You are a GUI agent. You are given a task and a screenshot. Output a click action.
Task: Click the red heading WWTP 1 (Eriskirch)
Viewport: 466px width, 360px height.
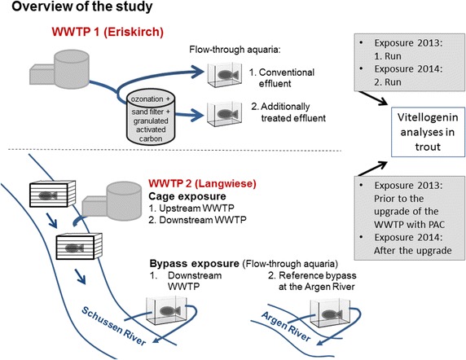[x=108, y=32]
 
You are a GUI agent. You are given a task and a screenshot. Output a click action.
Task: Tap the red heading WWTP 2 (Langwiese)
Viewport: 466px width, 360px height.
[x=202, y=183]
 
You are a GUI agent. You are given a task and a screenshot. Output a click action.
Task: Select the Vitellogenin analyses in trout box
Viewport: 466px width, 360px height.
[x=428, y=132]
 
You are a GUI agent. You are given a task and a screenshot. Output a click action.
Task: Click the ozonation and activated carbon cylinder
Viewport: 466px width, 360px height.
[x=151, y=118]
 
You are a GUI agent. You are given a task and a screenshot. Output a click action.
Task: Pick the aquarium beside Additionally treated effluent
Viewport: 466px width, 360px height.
[x=224, y=114]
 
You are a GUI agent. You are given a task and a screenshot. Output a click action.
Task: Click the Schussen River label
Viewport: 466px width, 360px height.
[x=114, y=326]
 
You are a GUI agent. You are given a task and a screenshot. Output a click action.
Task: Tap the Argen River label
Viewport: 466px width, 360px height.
[x=286, y=327]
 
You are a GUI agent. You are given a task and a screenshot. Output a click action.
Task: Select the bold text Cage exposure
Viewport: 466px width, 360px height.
[x=187, y=196]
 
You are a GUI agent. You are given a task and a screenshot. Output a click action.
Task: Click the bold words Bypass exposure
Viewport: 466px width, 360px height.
[x=195, y=263]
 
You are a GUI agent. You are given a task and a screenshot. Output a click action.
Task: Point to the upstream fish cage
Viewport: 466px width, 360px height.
[x=52, y=194]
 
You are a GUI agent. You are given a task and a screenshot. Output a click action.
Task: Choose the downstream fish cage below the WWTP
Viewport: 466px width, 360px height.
[x=79, y=246]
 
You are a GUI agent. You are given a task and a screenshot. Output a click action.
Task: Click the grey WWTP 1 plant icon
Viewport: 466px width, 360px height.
[x=59, y=69]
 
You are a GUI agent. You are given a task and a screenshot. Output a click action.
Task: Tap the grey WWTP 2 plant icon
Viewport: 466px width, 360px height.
[x=112, y=201]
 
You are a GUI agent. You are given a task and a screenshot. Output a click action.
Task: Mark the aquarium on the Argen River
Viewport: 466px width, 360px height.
[x=330, y=313]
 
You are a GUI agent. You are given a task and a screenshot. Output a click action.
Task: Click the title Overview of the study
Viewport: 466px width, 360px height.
[x=82, y=7]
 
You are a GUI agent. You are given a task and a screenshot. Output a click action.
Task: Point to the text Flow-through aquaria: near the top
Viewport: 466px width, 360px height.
[x=235, y=50]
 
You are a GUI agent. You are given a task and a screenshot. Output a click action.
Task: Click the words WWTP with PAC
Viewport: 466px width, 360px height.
[x=409, y=224]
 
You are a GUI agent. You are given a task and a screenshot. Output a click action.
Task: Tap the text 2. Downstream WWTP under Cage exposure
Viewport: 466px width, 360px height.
[x=197, y=220]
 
